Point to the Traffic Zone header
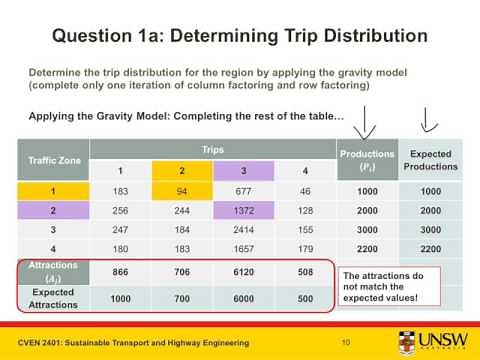pyautogui.click(x=55, y=159)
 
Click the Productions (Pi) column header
pyautogui.click(x=366, y=159)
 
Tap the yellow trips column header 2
pyautogui.click(x=182, y=170)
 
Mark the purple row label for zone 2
pyautogui.click(x=55, y=211)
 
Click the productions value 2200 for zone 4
pyautogui.click(x=366, y=248)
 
